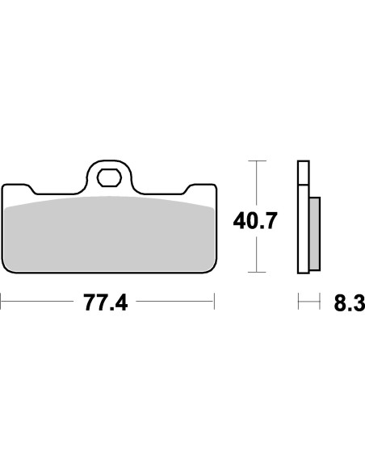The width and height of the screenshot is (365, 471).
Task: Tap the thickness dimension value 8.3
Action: (x=349, y=303)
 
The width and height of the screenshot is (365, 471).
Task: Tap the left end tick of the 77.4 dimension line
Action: (x=2, y=303)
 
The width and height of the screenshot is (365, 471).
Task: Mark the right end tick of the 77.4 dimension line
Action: (x=214, y=303)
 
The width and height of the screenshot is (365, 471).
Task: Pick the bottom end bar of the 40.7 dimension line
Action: (x=256, y=273)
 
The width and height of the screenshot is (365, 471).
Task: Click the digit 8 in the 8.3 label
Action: (x=340, y=303)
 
